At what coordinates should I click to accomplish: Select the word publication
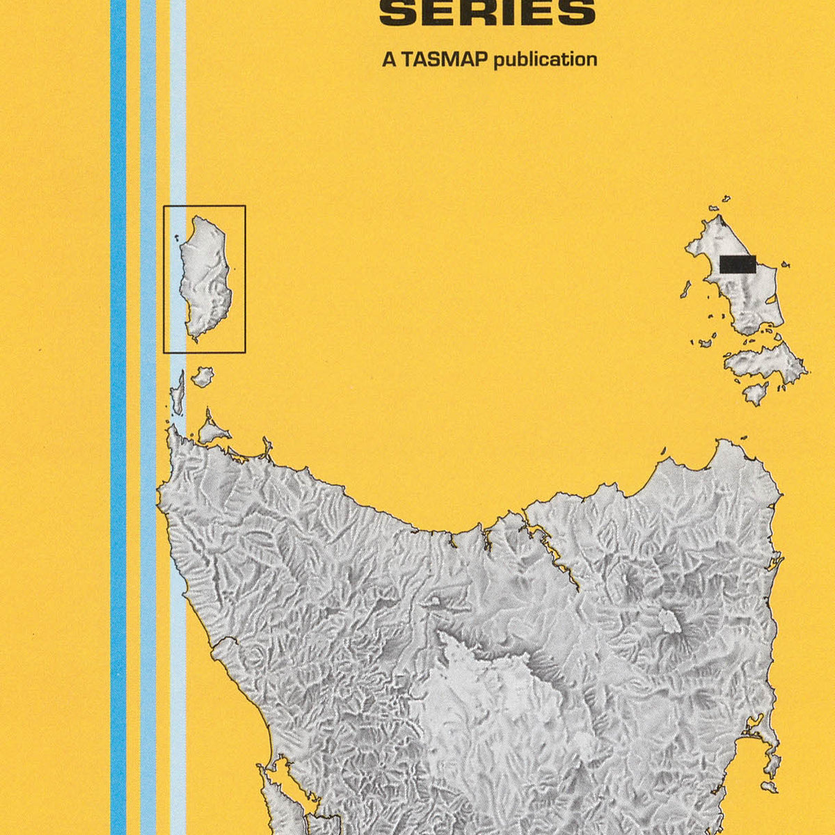coord(545,60)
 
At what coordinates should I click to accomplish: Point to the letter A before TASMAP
coord(388,60)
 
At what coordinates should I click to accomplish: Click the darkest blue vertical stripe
coord(118,417)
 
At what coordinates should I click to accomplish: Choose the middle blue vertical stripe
coord(148,417)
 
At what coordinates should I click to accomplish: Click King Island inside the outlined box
coord(205,278)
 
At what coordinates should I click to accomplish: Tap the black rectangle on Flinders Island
coord(738,264)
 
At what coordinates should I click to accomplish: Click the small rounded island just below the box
coord(202,377)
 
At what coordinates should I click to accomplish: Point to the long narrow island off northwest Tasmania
coord(178,393)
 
